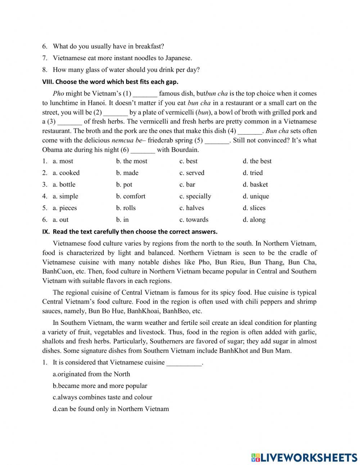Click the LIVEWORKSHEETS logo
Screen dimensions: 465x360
pos(304,457)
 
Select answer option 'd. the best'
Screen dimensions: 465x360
pos(257,161)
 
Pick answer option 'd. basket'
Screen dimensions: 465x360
pos(255,184)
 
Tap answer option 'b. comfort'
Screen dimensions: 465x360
pos(131,196)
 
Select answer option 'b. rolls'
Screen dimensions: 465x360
pos(126,208)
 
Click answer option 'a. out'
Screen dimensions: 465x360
pos(60,220)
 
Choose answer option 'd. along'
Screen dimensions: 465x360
pos(254,220)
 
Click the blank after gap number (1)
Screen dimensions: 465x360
pos(145,94)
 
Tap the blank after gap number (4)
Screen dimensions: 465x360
pos(250,131)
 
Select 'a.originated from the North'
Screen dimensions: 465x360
pos(91,374)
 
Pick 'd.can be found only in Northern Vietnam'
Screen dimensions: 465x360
pos(111,409)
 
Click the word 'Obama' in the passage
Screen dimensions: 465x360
pos(52,150)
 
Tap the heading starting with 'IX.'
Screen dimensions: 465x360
pos(130,231)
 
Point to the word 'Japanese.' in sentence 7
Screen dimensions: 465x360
pos(178,58)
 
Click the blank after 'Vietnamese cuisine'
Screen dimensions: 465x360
pos(184,363)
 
